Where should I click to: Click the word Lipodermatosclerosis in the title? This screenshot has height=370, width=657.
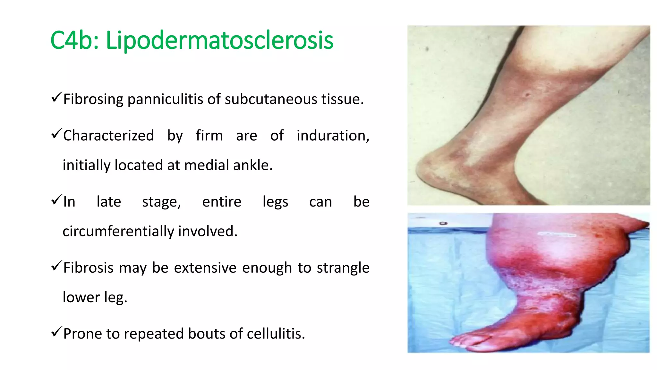tap(219, 40)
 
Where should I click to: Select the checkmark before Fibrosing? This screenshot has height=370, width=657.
tap(56, 97)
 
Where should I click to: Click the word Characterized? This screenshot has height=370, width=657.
tap(108, 136)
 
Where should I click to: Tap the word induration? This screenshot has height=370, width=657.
tap(332, 136)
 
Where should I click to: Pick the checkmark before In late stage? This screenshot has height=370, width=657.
tap(56, 200)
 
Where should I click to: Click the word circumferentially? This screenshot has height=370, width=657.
tap(118, 231)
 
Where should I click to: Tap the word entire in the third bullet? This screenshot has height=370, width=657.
tap(222, 202)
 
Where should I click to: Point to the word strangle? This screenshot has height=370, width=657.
tap(343, 268)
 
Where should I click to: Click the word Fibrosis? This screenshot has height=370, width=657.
tap(88, 268)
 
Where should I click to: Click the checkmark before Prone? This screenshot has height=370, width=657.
tap(56, 331)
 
